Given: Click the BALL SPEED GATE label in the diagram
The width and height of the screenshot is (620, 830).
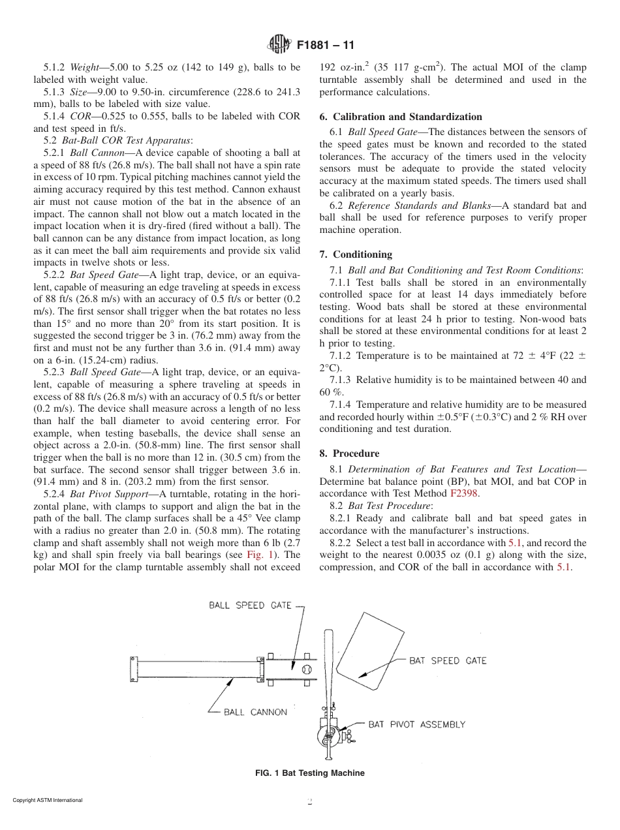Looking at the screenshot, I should (x=250, y=605).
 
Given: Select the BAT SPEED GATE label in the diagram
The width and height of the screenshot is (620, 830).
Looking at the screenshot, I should (x=448, y=661).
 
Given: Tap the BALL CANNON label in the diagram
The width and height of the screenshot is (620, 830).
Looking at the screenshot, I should (x=255, y=712).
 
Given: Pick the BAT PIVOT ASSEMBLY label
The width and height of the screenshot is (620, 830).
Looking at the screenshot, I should (x=417, y=724).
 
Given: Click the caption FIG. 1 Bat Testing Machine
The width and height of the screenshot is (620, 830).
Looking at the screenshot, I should (x=309, y=773).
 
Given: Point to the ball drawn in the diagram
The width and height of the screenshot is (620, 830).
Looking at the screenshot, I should (x=307, y=669).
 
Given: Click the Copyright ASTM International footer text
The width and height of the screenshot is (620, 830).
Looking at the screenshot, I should (x=48, y=800).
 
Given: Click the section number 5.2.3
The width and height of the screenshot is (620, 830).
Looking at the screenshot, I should (x=55, y=372).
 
